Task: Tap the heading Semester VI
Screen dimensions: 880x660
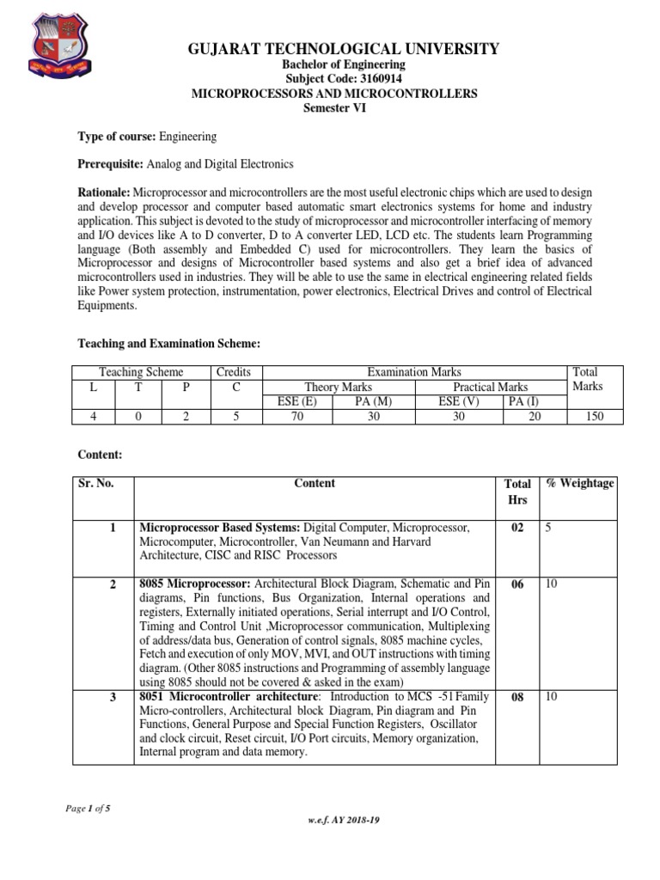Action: click(333, 107)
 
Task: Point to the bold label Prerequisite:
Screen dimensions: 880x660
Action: click(110, 163)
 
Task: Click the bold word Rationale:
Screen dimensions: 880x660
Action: click(105, 191)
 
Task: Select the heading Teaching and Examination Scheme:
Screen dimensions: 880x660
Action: click(168, 344)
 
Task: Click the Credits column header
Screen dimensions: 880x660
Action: click(233, 372)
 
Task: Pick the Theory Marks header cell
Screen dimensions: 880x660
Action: click(339, 388)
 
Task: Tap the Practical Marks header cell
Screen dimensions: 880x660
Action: click(490, 388)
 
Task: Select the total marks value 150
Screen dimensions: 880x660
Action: click(594, 417)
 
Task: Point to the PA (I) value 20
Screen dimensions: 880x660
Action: click(525, 417)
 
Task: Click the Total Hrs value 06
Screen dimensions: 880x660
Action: click(517, 584)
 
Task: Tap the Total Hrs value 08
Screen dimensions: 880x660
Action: click(517, 698)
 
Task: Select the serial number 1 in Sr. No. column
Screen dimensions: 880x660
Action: click(113, 528)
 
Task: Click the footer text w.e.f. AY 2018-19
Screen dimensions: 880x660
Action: click(344, 820)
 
